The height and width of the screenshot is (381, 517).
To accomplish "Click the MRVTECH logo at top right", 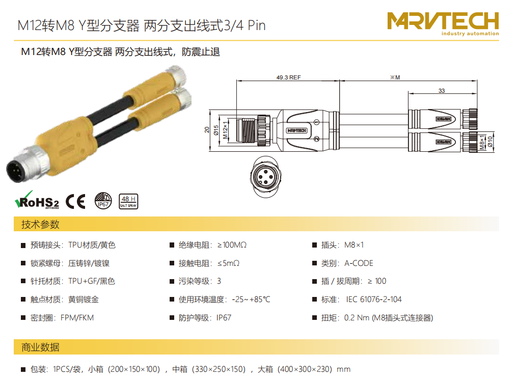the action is pos(443,23).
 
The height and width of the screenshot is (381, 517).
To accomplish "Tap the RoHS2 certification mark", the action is pos(37,200).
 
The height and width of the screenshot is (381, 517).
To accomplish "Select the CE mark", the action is pos(75,201).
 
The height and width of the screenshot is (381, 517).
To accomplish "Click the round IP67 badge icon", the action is pos(103,201).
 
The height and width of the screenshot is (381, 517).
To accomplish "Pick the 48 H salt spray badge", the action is pos(128,201).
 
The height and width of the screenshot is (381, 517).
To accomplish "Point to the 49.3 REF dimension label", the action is pos(288,77).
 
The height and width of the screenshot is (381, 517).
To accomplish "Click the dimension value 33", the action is pos(442,91).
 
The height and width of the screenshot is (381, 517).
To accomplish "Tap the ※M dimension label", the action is pos(395,77).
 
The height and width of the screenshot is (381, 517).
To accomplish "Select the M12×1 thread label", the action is pos(225,130).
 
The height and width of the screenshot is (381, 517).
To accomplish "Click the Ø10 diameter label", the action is pos(491,142).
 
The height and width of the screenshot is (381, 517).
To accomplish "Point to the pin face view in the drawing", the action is pos(266,177).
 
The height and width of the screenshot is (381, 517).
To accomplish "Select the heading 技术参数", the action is pos(40,225).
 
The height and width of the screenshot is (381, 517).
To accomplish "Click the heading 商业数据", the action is pos(40,347).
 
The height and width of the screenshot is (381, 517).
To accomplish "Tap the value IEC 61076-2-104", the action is pos(373,300).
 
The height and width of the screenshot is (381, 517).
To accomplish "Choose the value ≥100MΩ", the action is pos(232,245).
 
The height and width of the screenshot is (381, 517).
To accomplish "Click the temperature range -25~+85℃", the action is pos(251,300).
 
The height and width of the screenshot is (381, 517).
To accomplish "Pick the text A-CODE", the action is pos(359,263).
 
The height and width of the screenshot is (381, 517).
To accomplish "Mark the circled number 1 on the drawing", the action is pos(316,122).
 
